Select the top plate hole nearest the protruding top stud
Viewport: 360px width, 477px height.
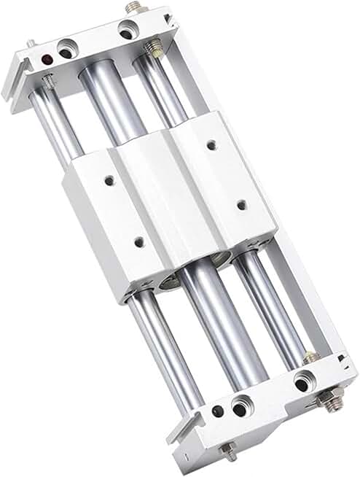pos(127,31)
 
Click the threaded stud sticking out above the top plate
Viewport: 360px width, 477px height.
pos(133,7)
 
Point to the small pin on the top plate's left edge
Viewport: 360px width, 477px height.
pos(31,44)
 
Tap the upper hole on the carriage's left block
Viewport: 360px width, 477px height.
pos(109,179)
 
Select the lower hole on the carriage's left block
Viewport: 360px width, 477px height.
pos(138,242)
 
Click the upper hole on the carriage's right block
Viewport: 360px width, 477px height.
pos(211,145)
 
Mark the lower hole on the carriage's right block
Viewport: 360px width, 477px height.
pos(241,206)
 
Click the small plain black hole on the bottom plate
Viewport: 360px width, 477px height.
pos(217,412)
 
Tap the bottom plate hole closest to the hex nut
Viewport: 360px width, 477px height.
pos(302,381)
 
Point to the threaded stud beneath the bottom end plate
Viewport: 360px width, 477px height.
pos(228,450)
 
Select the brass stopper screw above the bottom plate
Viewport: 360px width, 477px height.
pos(310,357)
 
